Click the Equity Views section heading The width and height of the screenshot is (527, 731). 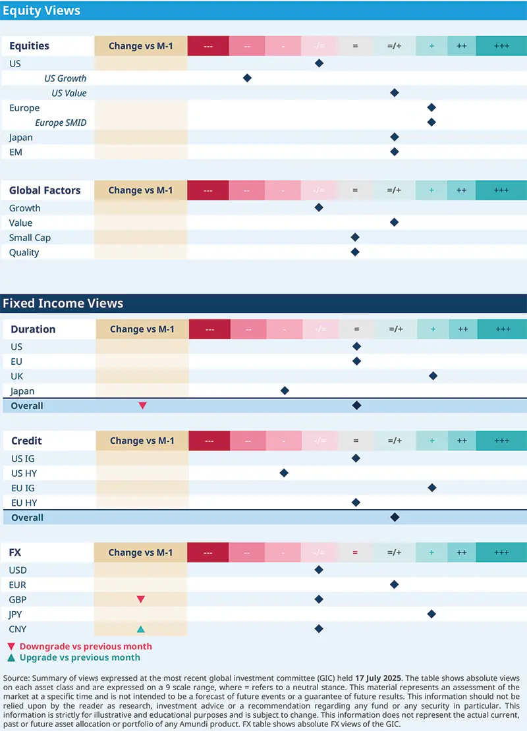click(x=42, y=11)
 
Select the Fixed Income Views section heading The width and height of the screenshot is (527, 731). click(x=63, y=304)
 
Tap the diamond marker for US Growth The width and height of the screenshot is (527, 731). click(x=247, y=78)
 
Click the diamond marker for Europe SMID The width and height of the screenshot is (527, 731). click(x=431, y=122)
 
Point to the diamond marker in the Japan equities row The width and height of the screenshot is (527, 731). click(x=395, y=137)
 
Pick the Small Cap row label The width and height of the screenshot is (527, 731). click(x=30, y=238)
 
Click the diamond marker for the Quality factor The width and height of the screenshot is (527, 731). click(x=355, y=252)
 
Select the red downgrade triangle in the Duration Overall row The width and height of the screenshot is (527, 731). click(x=142, y=406)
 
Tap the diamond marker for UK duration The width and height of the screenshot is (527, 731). click(x=433, y=376)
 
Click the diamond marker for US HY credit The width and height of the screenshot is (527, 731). click(x=284, y=473)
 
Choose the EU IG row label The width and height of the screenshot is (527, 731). click(x=23, y=488)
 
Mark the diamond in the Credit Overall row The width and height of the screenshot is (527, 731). click(x=395, y=518)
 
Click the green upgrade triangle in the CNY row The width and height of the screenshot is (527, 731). click(x=140, y=629)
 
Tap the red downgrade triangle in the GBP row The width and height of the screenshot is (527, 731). click(x=140, y=599)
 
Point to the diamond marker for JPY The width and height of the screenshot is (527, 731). click(x=431, y=614)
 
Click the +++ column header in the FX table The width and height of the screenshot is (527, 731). click(x=501, y=553)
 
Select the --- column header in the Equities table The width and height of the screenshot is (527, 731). click(x=208, y=46)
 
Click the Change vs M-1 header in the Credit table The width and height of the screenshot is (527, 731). click(x=142, y=441)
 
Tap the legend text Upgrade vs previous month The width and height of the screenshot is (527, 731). click(x=80, y=657)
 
